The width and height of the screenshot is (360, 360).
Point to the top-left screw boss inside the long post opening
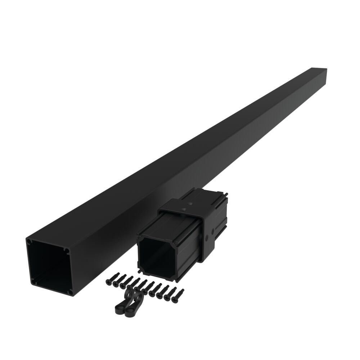30,242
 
